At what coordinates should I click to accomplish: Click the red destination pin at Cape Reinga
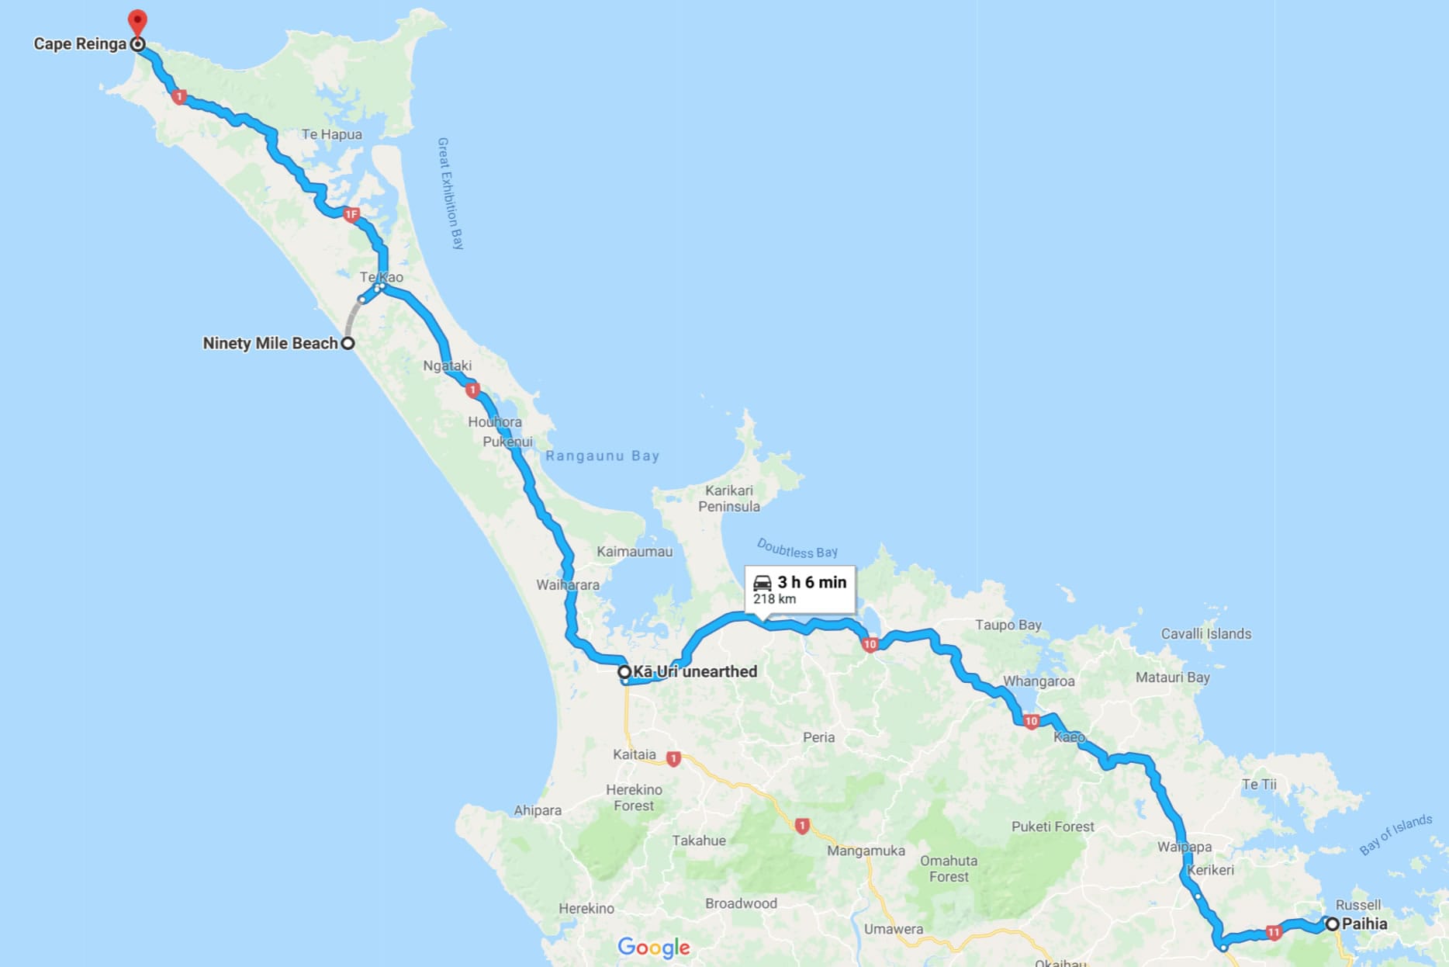pos(137,21)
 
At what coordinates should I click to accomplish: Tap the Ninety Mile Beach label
pos(270,343)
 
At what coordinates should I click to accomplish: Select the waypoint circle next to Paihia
pos(1332,924)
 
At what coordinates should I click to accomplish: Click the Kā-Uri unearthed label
pos(694,671)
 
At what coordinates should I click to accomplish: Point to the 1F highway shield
pos(351,214)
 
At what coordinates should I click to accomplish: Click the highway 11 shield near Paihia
pos(1274,932)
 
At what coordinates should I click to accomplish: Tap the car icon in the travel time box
pos(763,582)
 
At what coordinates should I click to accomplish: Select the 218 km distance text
pos(774,599)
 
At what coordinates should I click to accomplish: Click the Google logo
pos(653,947)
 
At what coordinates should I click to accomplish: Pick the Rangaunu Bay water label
pos(602,456)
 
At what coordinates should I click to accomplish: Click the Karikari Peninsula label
pos(728,498)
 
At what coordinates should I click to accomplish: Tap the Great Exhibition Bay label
pos(451,193)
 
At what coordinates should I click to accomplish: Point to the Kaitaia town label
pos(634,754)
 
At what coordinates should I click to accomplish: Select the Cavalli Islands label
pos(1205,633)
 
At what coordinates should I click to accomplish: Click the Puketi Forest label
pos(1052,827)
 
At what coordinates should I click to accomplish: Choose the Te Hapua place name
pos(331,134)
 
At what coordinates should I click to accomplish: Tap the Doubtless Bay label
pos(797,549)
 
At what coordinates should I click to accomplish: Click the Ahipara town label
pos(537,810)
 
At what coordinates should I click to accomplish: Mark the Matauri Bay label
pos(1172,678)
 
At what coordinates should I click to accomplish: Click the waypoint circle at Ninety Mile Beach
pos(348,343)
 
